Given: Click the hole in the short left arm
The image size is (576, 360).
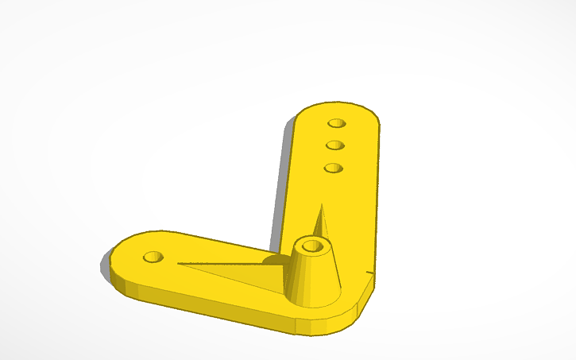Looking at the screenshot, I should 153,257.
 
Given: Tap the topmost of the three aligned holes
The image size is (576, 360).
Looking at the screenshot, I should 337,124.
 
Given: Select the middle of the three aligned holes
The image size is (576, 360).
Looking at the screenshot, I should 334,145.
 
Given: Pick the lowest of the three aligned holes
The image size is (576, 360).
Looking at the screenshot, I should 333,168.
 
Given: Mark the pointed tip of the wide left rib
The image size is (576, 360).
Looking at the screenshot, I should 180,264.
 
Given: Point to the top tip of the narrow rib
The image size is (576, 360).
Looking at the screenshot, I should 322,206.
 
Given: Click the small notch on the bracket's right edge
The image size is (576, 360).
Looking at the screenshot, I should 371,273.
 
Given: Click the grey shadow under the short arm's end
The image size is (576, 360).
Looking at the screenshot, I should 104,266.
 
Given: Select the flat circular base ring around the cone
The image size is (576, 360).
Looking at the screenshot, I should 334,298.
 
